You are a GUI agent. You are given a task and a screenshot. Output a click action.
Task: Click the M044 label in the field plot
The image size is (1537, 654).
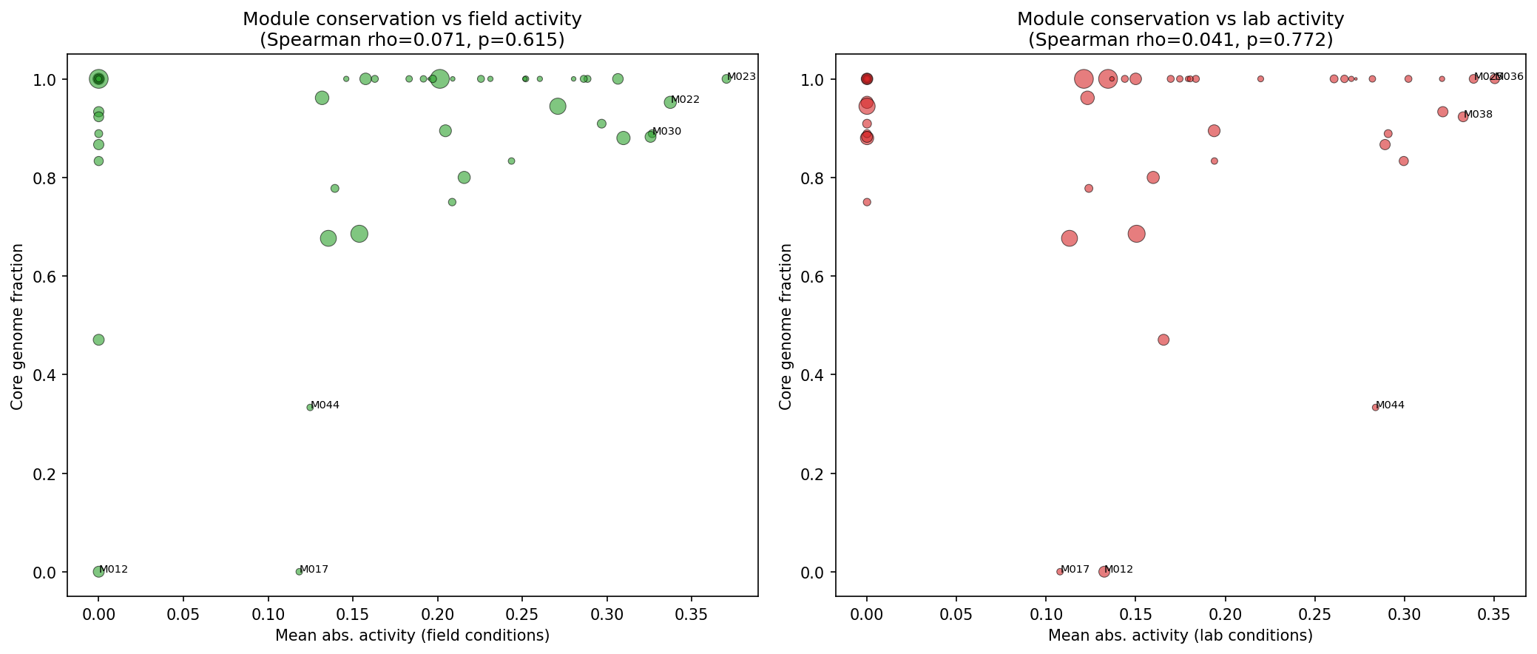325,405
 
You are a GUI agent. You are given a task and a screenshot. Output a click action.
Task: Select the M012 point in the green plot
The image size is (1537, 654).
98,571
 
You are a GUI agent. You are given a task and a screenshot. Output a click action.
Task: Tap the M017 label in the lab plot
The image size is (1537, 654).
1075,570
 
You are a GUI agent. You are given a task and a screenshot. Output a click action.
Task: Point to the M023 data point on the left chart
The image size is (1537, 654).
726,79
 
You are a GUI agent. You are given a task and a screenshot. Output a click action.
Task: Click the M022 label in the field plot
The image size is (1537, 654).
685,100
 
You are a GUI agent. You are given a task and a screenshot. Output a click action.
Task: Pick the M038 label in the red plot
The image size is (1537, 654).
1479,115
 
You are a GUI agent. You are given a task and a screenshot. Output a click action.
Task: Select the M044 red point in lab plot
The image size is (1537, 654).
1375,408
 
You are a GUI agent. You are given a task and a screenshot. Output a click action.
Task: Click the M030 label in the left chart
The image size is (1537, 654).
666,132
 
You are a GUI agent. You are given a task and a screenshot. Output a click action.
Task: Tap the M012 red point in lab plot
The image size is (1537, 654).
1104,571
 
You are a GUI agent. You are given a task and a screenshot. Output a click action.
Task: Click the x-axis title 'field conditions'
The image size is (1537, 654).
412,636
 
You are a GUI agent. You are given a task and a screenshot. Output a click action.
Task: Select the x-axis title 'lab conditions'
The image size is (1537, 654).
1180,636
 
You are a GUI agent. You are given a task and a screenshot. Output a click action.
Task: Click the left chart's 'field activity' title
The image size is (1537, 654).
412,19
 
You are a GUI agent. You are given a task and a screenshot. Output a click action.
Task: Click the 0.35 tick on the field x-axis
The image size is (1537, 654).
691,614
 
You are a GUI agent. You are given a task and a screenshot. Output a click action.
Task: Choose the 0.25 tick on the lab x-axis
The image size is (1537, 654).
1314,614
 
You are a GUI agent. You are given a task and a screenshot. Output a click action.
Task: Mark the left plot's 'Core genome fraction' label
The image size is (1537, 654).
17,326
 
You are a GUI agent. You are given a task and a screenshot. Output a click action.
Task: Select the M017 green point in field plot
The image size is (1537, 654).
299,571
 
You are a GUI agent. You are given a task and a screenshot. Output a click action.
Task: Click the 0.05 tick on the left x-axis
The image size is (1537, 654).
183,614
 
